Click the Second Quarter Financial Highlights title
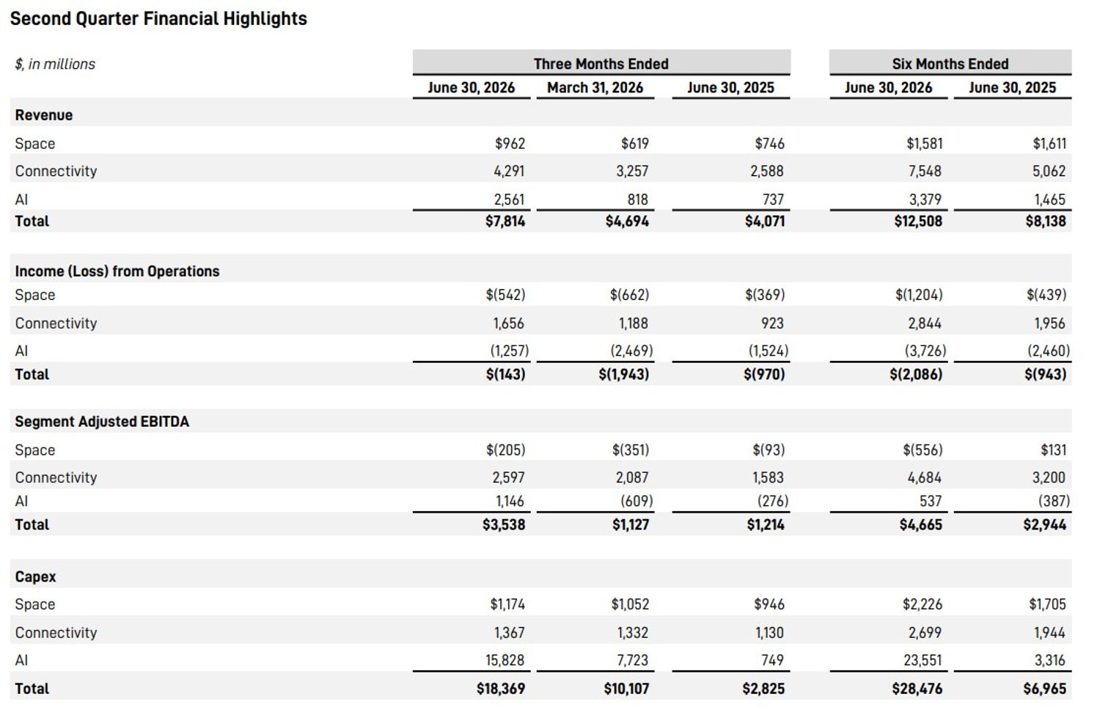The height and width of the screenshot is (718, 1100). [158, 19]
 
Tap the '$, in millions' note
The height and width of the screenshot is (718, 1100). [55, 65]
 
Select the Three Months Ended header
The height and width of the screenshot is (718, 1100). [601, 64]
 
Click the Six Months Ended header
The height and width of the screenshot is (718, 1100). [950, 64]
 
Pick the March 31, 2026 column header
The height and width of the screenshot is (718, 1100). [595, 87]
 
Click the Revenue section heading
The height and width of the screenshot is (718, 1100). [44, 115]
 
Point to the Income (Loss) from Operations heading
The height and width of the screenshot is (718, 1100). [117, 271]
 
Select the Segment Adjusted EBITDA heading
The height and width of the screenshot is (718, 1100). [102, 422]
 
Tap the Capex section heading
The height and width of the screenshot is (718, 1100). [35, 576]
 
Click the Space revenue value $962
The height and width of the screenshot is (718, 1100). [510, 144]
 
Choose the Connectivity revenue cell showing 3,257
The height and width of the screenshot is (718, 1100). [632, 171]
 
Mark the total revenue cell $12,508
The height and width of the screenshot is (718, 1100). [918, 221]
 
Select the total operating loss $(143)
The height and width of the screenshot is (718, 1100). [506, 374]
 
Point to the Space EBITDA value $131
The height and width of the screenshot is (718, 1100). [1053, 450]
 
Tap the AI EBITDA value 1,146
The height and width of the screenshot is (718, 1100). [510, 501]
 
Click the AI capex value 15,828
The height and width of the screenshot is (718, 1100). [505, 660]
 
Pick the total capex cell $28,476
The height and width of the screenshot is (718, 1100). [917, 689]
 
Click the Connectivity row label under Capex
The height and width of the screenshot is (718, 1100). [56, 632]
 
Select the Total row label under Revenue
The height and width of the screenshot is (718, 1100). [32, 221]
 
